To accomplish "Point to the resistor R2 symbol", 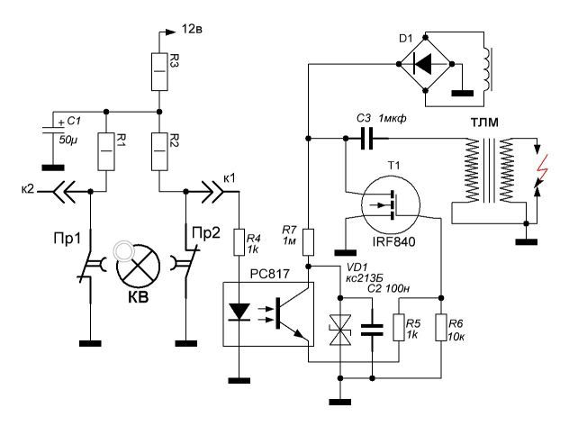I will click(x=158, y=144).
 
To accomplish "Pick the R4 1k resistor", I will click(x=239, y=241).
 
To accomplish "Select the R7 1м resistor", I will click(x=308, y=241).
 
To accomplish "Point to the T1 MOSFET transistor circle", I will click(x=391, y=208).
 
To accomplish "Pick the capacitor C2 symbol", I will click(x=369, y=331).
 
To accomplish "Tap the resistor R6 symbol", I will click(x=442, y=330).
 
